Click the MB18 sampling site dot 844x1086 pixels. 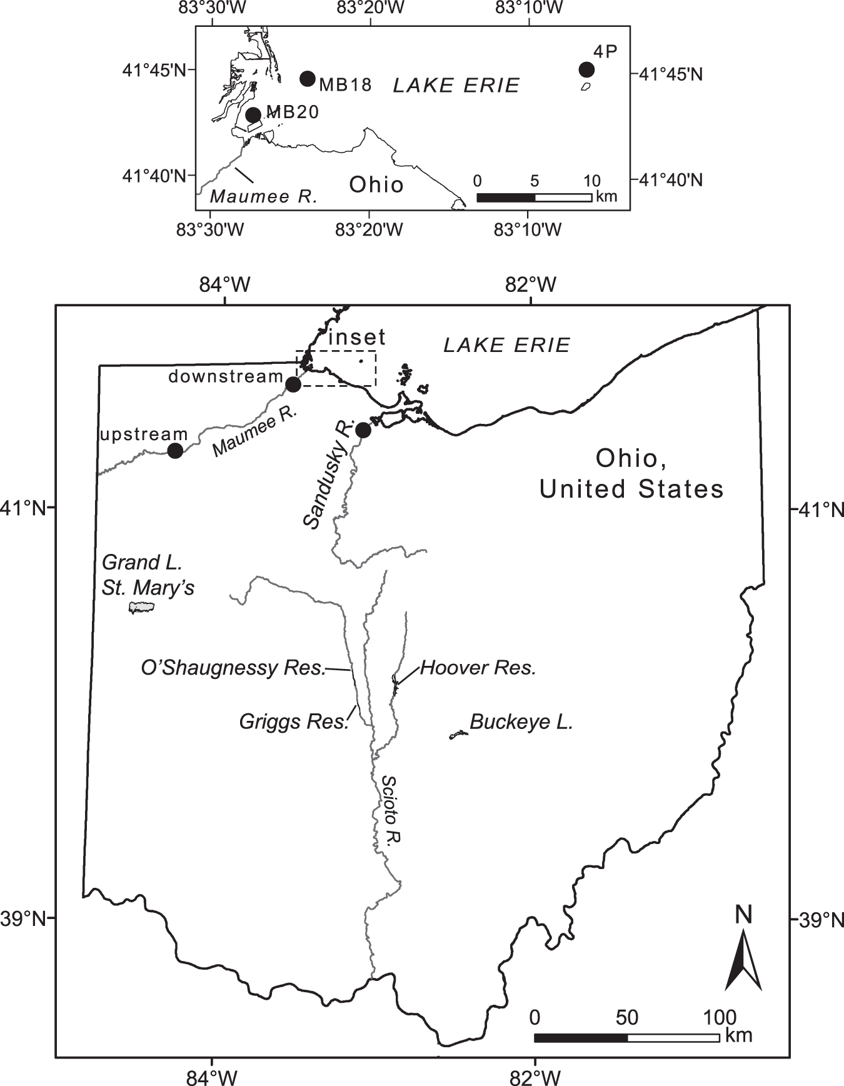tap(307, 78)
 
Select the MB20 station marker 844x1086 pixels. tap(253, 115)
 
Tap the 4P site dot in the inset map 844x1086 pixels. tap(586, 69)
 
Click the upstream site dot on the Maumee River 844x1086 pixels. tap(175, 450)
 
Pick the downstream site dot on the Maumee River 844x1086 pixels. tap(293, 385)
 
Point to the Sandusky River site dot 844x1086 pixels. tap(363, 430)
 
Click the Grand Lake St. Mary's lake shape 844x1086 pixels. tap(141, 607)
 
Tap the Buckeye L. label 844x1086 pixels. tap(521, 722)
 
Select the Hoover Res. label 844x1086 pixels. tap(478, 668)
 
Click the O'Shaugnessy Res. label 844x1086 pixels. tap(233, 668)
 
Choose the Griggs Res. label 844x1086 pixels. tap(293, 722)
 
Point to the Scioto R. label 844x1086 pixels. tap(391, 811)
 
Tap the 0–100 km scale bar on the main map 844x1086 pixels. tap(626, 1037)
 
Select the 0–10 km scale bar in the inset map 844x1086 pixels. tap(534, 198)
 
